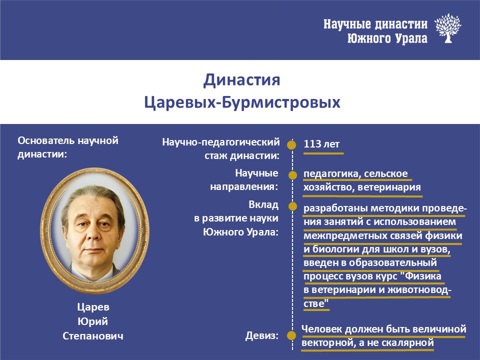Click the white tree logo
click(447, 28)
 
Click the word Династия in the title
click(242, 80)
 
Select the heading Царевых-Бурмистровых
click(242, 102)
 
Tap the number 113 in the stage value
click(312, 144)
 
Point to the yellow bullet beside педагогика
click(292, 175)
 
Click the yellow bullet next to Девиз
click(291, 335)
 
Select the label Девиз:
click(262, 336)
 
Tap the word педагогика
click(331, 174)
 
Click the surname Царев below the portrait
click(93, 307)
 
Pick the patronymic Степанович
click(93, 336)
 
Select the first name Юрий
click(93, 321)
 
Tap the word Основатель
click(46, 140)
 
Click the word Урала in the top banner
click(411, 39)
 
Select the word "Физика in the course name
click(423, 276)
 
